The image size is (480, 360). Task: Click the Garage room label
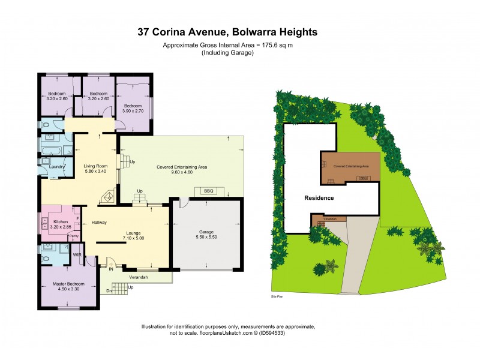pos(206,232)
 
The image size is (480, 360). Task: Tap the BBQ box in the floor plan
pos(209,191)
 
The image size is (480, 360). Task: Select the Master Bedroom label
pos(67,283)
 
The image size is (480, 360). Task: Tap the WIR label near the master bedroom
pos(77,254)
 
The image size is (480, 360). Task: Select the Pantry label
pos(74,236)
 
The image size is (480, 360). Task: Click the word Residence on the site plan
pos(319,197)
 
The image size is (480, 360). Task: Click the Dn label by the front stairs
pos(109,291)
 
